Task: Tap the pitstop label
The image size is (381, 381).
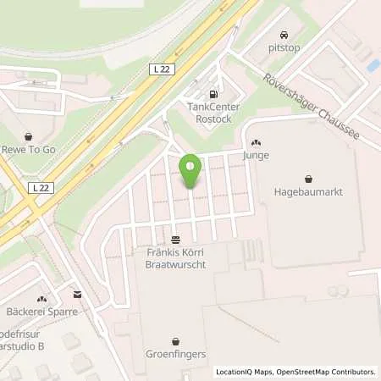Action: (284, 49)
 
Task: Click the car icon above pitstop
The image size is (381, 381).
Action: (284, 36)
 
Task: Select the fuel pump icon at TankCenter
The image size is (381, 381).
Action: (213, 93)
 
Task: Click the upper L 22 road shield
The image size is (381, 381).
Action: (164, 69)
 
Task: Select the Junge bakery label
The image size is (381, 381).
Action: (256, 156)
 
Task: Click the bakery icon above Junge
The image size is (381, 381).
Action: (256, 143)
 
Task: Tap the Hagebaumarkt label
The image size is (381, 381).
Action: (306, 192)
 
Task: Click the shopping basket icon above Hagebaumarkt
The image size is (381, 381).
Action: (306, 179)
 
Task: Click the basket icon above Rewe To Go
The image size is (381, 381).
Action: (28, 135)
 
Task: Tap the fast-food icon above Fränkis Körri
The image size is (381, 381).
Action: (175, 240)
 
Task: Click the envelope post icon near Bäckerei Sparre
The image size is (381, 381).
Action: (78, 295)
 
